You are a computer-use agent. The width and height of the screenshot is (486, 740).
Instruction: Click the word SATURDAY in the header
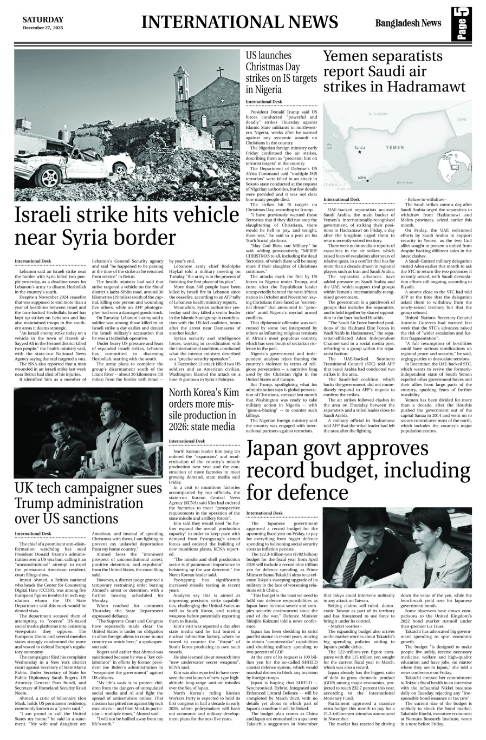tap(43, 19)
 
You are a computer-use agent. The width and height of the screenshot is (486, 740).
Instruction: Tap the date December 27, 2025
tap(43, 27)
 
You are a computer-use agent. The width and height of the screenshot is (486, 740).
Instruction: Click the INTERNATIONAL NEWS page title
tap(239, 22)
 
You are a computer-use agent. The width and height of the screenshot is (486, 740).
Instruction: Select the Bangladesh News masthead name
tap(408, 23)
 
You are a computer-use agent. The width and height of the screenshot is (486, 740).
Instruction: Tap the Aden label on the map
tap(362, 178)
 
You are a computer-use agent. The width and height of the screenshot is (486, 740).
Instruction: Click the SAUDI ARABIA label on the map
tap(378, 115)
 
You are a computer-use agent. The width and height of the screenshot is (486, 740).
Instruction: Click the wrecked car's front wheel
tap(51, 176)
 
